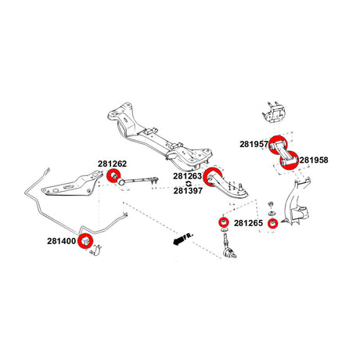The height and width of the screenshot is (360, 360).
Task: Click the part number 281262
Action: (112, 164)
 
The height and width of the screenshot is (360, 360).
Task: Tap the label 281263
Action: (188, 176)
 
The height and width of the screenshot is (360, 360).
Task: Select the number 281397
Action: (188, 191)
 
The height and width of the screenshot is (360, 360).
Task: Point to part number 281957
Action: (254, 144)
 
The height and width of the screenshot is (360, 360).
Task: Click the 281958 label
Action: (314, 160)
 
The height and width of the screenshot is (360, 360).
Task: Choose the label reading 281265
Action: (248, 223)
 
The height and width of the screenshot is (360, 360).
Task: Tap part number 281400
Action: (62, 241)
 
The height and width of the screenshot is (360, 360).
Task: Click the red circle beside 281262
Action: (113, 176)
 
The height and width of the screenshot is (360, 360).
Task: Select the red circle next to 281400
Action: (85, 242)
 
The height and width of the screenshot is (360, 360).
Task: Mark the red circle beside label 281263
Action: (213, 178)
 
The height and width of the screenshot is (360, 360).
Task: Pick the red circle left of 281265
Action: (224, 222)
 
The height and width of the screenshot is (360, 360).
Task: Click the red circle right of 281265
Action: (273, 223)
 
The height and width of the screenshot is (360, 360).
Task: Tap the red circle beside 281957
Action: (278, 145)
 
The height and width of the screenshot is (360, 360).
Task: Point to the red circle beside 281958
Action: (289, 160)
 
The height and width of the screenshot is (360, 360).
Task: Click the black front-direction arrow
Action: (178, 240)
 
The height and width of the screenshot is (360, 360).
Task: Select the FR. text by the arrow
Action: (189, 236)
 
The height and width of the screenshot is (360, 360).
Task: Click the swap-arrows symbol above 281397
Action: (189, 184)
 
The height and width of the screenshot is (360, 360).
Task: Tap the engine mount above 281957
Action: (274, 113)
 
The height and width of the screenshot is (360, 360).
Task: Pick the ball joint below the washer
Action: (228, 246)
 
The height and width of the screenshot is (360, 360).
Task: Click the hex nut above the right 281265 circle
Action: (271, 203)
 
